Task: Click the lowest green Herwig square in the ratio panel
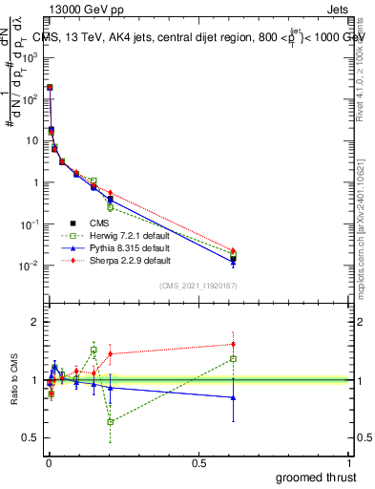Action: (x=111, y=421)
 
